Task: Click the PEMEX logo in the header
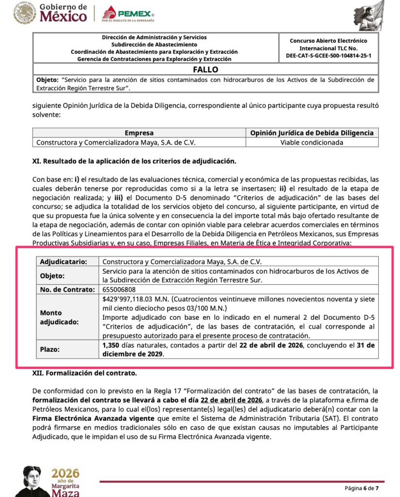[x=128, y=14]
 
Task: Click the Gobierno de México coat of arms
[x=25, y=13]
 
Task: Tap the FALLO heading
[x=206, y=69]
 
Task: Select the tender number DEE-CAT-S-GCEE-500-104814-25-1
[x=328, y=56]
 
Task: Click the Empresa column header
[x=139, y=133]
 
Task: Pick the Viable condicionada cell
[x=312, y=142]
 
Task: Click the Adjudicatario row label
[x=64, y=262]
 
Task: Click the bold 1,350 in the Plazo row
[x=111, y=345]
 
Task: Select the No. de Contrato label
[x=67, y=289]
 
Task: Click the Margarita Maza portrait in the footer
[x=32, y=480]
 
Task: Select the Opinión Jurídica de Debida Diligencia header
[x=312, y=133]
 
